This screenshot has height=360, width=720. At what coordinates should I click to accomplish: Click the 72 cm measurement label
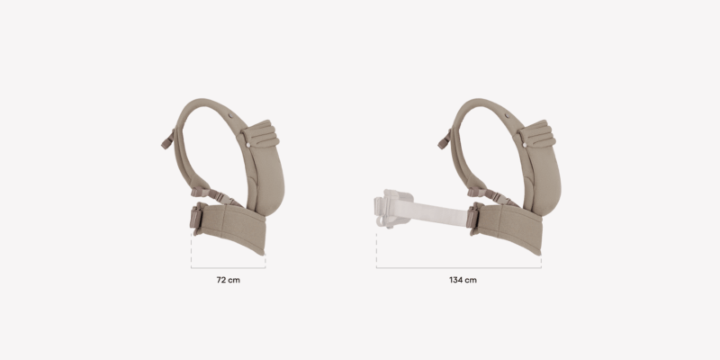pyautogui.click(x=229, y=280)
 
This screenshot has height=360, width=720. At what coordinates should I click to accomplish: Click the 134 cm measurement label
pyautogui.click(x=463, y=280)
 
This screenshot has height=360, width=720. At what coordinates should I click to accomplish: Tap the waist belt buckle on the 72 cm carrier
pyautogui.click(x=196, y=217)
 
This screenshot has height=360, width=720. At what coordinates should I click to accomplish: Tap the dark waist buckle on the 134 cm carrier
pyautogui.click(x=472, y=217)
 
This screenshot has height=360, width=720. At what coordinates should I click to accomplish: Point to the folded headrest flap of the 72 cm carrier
pyautogui.click(x=261, y=133)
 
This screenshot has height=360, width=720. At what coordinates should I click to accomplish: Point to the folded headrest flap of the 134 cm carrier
pyautogui.click(x=537, y=133)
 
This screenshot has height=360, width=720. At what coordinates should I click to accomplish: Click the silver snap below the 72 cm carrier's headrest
pyautogui.click(x=248, y=145)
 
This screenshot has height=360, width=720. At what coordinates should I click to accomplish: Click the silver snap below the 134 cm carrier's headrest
pyautogui.click(x=525, y=145)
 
